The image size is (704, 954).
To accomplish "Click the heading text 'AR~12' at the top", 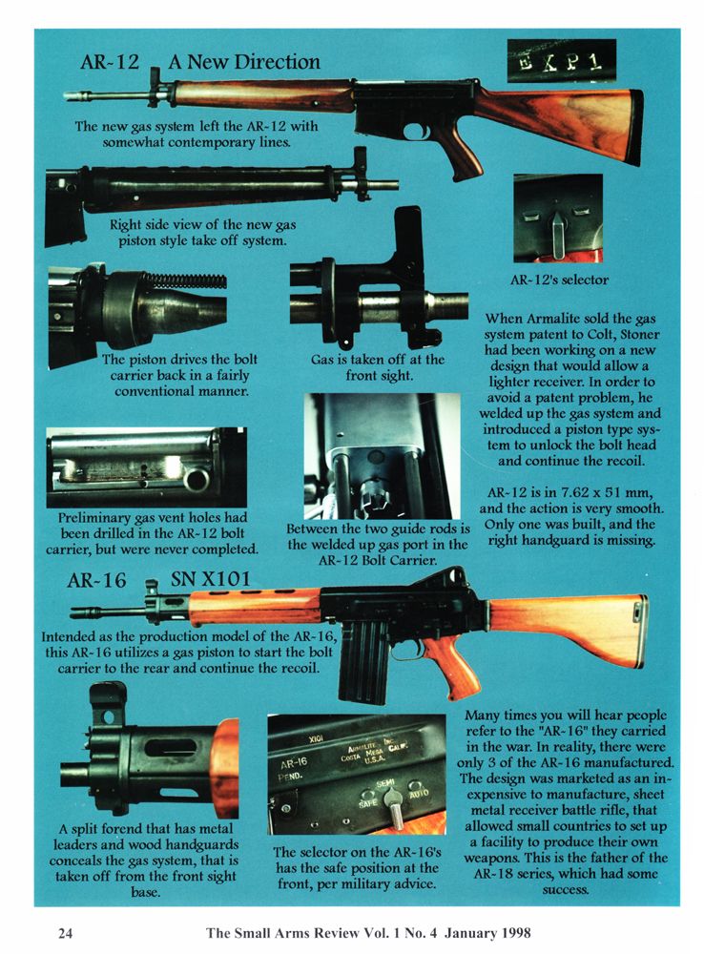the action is click(x=110, y=62).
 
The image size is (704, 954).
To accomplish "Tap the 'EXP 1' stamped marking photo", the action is click(x=561, y=61).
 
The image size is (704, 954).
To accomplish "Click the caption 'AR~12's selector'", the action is click(x=559, y=280).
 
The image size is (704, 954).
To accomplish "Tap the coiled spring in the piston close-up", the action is click(x=185, y=280).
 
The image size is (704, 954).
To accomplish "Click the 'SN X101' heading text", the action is click(x=210, y=579).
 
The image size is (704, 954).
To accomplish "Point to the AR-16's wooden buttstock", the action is click(x=568, y=629).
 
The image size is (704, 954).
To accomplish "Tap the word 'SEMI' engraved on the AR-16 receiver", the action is click(x=385, y=782).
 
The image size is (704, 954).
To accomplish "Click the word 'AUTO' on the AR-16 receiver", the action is click(x=419, y=795).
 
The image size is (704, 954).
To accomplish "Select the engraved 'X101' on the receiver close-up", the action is click(x=315, y=739).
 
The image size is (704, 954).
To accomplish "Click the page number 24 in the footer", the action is click(x=65, y=933).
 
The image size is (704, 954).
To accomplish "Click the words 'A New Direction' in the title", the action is click(x=244, y=62).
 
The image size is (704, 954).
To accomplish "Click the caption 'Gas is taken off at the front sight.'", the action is click(x=378, y=367).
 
